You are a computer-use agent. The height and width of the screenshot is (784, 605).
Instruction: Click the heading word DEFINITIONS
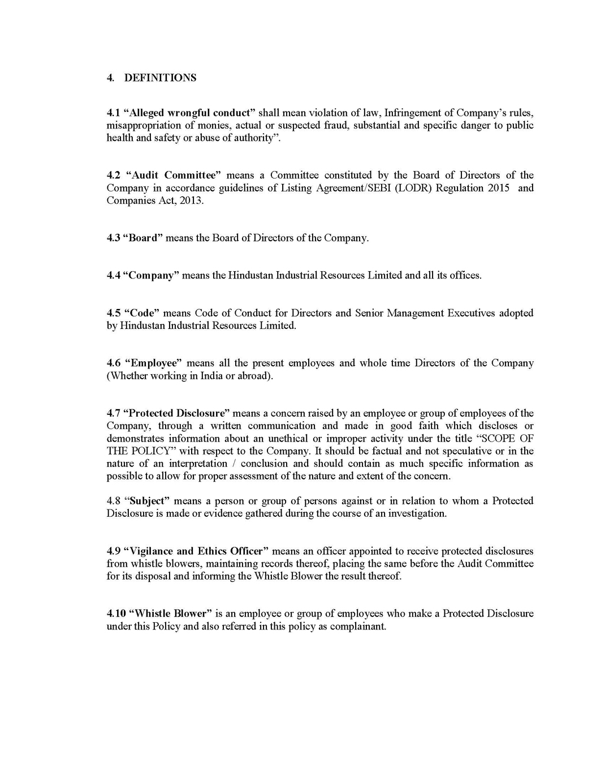(160, 78)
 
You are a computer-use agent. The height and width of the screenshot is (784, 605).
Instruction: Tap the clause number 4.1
(113, 113)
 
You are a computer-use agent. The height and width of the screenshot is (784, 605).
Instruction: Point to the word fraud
(336, 125)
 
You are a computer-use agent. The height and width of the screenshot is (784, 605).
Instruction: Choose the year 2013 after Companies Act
(189, 200)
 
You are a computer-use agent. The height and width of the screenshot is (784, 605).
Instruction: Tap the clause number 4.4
(113, 276)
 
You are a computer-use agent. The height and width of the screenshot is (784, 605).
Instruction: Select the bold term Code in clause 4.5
(142, 313)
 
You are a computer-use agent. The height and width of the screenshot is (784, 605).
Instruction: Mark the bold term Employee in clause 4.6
(153, 363)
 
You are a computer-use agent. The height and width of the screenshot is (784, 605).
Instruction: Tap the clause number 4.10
(116, 614)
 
